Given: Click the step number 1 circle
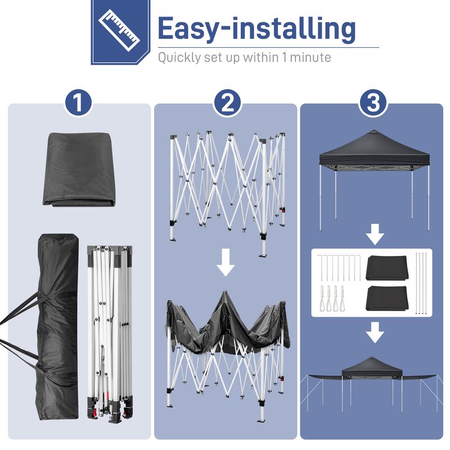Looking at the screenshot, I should coord(79,103).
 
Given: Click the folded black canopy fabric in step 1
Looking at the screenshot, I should coord(79,169).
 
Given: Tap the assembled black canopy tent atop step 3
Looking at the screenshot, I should coord(374,169).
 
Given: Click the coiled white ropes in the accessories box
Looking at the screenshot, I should coord(331,299).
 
